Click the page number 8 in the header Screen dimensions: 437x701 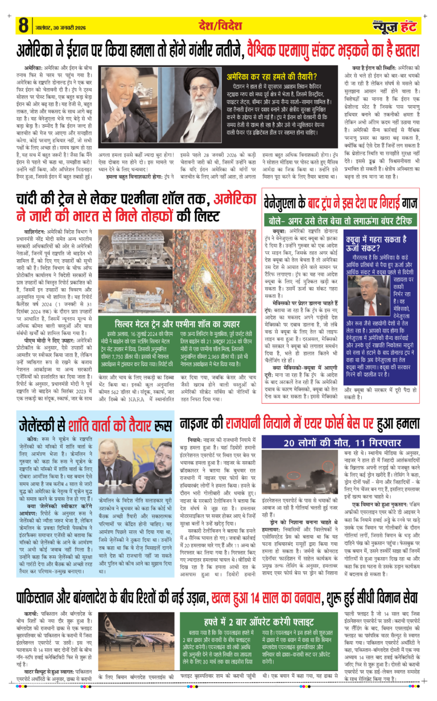[23, 26]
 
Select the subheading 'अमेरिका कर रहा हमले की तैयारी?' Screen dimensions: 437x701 [276, 74]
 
